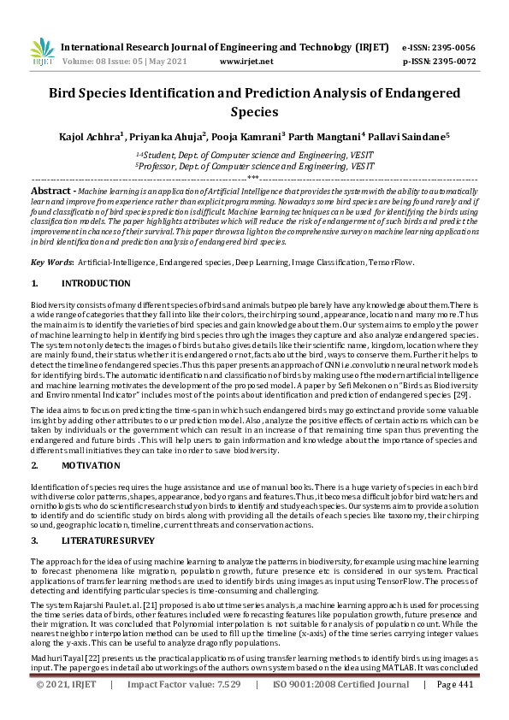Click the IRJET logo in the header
pyautogui.click(x=42, y=52)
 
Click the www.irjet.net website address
pyautogui.click(x=246, y=62)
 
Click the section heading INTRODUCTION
pyautogui.click(x=97, y=283)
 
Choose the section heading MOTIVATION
pyautogui.click(x=92, y=465)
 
